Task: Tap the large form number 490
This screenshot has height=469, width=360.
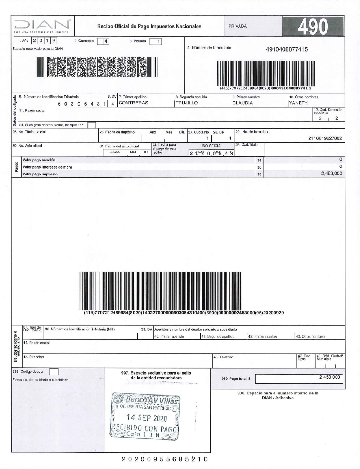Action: tap(312, 27)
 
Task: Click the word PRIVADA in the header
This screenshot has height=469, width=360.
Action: tap(238, 26)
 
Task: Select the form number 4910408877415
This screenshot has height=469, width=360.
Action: tap(287, 49)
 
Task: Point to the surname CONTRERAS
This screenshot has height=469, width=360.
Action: tap(133, 103)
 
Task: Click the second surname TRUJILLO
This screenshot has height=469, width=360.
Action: tap(186, 103)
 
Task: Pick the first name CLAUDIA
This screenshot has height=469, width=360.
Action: tap(242, 103)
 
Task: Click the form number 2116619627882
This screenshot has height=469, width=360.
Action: tap(325, 138)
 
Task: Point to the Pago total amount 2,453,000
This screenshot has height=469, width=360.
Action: tap(329, 378)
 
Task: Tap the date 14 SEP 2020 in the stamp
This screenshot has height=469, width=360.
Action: tap(147, 418)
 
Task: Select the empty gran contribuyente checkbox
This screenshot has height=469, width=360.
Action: tap(92, 125)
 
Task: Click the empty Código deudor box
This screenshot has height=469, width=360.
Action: tap(53, 372)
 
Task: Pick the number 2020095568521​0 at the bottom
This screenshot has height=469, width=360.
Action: tap(165, 459)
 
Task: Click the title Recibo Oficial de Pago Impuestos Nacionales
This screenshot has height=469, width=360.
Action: tap(149, 26)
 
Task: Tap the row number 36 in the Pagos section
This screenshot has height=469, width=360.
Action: tap(259, 174)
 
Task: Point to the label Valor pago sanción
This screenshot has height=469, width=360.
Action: tap(39, 160)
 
